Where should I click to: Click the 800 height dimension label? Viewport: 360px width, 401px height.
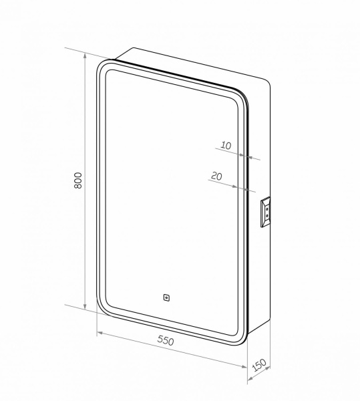tap(77, 180)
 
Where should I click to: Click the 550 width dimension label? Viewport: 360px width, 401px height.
tap(166, 340)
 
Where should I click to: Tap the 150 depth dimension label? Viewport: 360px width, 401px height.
tap(260, 367)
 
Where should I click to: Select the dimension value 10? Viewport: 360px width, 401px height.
tap(225, 145)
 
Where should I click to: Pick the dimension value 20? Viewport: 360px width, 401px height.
tap(216, 176)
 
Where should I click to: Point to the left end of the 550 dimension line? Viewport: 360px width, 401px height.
tap(97, 331)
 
